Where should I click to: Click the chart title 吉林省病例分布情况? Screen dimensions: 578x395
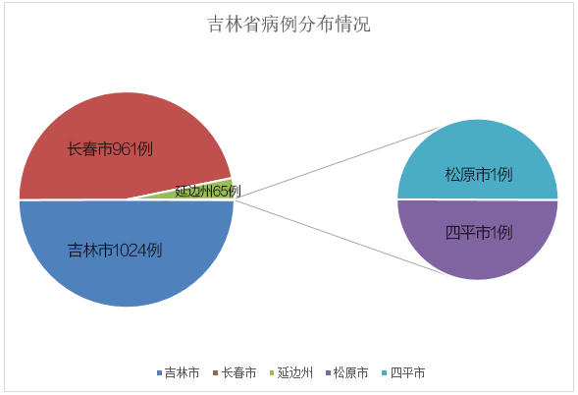click(x=289, y=25)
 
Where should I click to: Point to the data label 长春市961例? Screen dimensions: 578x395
click(x=110, y=149)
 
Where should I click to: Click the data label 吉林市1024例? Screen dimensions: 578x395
click(x=115, y=251)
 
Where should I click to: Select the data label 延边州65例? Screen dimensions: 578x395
click(x=208, y=191)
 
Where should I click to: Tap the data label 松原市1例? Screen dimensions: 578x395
click(x=479, y=174)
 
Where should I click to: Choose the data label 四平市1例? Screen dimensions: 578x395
click(x=479, y=233)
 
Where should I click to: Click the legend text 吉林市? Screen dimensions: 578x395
click(x=183, y=372)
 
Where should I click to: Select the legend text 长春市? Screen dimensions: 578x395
click(x=238, y=372)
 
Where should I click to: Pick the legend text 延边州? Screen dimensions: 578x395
click(x=295, y=372)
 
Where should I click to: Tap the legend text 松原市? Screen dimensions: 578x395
click(x=350, y=372)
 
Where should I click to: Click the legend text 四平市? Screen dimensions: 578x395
click(x=407, y=372)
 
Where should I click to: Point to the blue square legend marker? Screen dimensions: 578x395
click(x=159, y=372)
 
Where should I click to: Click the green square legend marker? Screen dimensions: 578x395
click(x=272, y=372)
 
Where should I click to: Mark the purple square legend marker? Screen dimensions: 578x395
click(x=328, y=372)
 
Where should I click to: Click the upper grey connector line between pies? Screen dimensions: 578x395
click(x=341, y=161)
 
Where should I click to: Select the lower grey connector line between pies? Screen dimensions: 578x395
click(x=343, y=238)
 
